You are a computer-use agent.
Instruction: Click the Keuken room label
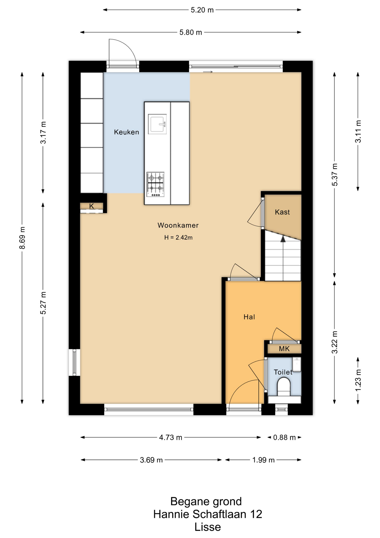[x=126, y=132]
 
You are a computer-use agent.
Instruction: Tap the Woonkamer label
[x=178, y=225]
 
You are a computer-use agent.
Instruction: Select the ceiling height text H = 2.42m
[x=178, y=238]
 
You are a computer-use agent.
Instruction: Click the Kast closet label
[x=282, y=212]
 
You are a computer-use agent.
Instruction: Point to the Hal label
[x=249, y=317]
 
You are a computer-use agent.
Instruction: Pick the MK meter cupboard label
[x=284, y=349]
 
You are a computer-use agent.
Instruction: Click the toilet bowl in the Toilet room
[x=284, y=386]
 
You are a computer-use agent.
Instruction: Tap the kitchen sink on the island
[x=157, y=124]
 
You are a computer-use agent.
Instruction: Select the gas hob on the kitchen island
[x=155, y=184]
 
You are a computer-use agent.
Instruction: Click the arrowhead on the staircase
[x=283, y=239]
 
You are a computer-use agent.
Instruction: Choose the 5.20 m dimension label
[x=202, y=10]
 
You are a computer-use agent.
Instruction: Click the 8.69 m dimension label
[x=22, y=238]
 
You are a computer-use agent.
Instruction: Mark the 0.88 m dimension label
[x=284, y=437]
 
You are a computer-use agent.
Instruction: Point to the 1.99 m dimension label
[x=263, y=460]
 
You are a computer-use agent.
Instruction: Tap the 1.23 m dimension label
[x=358, y=380]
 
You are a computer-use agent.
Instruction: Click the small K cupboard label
[x=92, y=206]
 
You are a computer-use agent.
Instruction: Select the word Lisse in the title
[x=208, y=527]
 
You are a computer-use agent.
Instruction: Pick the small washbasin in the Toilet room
[x=297, y=364]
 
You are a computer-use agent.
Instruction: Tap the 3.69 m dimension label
[x=151, y=460]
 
